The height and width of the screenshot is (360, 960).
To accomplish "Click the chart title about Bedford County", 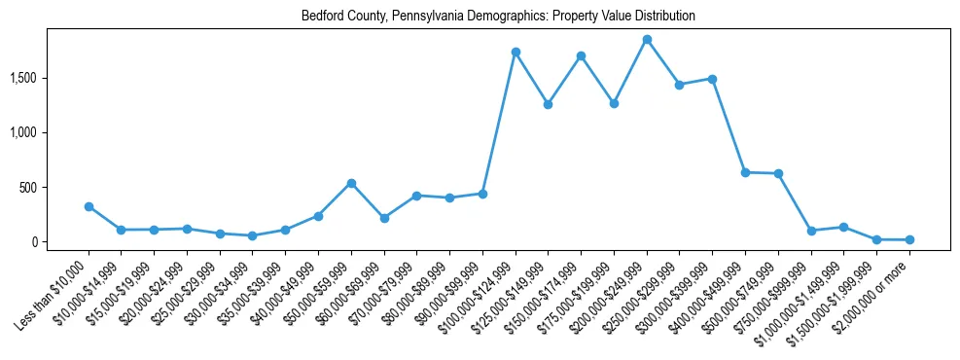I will click(x=498, y=17).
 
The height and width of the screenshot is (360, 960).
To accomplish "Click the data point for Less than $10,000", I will click(x=89, y=206).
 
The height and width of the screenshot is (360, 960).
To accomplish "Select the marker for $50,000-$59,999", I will click(x=351, y=183).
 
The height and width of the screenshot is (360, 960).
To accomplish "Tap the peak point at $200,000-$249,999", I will click(x=647, y=39).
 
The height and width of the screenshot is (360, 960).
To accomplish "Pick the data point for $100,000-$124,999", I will click(x=516, y=52).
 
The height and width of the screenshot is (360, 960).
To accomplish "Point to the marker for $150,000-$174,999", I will click(x=581, y=55).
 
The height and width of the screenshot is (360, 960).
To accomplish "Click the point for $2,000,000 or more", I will click(x=909, y=239).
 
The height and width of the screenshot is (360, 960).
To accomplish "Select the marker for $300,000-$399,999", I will click(x=712, y=79).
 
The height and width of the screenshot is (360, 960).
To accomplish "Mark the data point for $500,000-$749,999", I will click(x=778, y=173).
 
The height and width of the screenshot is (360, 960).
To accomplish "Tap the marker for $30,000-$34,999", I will click(x=253, y=235).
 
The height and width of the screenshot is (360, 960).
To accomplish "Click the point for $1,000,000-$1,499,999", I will click(x=843, y=227).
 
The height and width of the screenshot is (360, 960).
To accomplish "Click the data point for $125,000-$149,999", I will click(x=549, y=104).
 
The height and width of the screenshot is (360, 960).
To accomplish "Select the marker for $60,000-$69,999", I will click(x=384, y=218).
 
